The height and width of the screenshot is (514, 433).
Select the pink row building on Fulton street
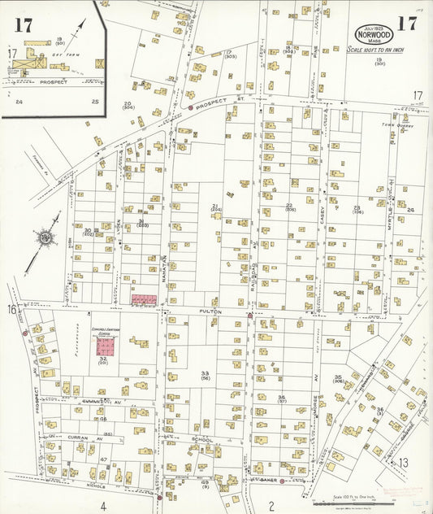pos(145,300)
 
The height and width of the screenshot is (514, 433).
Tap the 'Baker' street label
pos(269,480)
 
